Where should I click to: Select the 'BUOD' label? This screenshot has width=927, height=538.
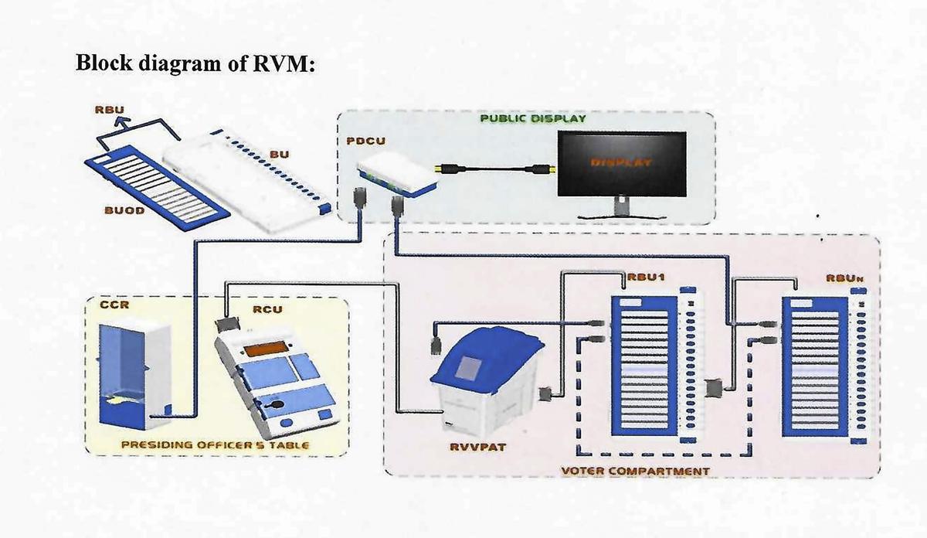pyautogui.click(x=124, y=210)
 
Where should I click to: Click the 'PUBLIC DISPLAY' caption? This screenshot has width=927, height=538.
pyautogui.click(x=533, y=119)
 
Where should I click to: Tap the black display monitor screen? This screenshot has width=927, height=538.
pyautogui.click(x=621, y=163)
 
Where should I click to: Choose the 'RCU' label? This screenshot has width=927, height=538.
pyautogui.click(x=268, y=309)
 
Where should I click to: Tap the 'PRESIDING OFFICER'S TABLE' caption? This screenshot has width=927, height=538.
pyautogui.click(x=216, y=444)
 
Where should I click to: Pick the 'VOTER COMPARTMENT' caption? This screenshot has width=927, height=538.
pyautogui.click(x=636, y=470)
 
